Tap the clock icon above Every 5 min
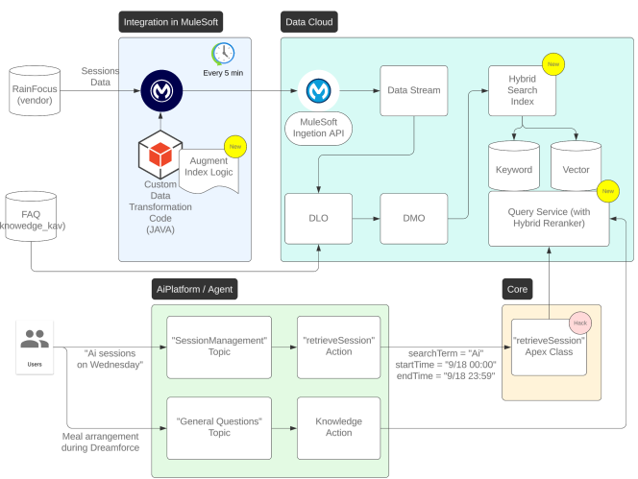(x=223, y=53)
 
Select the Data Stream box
(x=413, y=91)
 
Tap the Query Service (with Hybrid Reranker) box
(x=549, y=219)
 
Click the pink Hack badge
(x=579, y=322)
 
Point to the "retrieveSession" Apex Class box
(x=549, y=347)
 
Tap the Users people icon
(x=35, y=340)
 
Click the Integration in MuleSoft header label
(x=183, y=21)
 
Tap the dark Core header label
(x=521, y=288)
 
